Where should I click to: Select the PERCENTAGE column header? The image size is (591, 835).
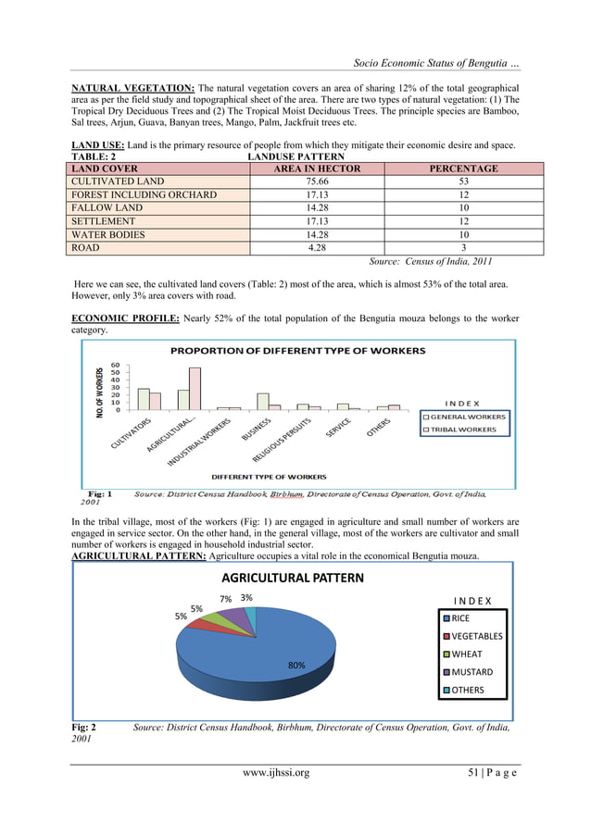pyautogui.click(x=463, y=169)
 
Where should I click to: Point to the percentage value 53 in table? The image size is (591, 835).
pyautogui.click(x=463, y=182)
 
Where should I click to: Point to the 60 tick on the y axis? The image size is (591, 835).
pyautogui.click(x=114, y=364)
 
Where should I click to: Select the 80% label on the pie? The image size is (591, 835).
pyautogui.click(x=296, y=665)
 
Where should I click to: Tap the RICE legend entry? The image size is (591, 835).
pyautogui.click(x=460, y=618)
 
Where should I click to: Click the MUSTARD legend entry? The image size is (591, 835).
pyautogui.click(x=470, y=672)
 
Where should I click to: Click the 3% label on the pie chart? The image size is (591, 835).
pyautogui.click(x=247, y=598)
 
